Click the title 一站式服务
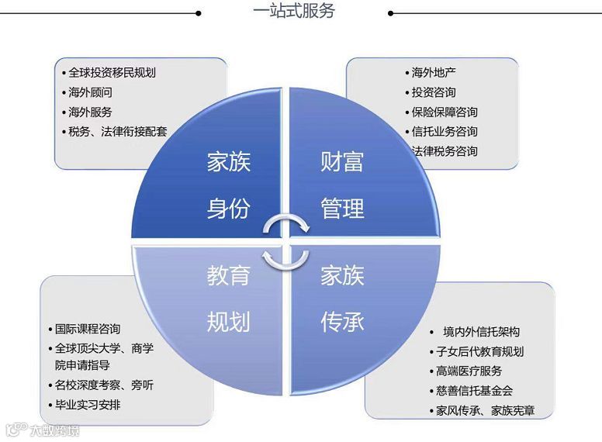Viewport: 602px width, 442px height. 295,12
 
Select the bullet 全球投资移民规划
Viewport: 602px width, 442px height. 112,73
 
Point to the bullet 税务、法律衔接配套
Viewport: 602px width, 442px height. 117,131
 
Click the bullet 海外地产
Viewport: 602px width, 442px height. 434,73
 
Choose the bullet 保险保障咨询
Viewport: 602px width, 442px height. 445,112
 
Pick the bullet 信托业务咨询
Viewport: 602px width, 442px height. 445,132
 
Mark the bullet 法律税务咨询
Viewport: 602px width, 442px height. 445,151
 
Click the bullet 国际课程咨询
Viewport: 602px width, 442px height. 88,329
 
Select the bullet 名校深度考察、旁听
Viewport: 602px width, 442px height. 104,385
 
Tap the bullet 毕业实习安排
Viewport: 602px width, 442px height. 88,405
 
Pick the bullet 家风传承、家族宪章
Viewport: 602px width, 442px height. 485,411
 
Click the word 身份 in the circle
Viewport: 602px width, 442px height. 229,209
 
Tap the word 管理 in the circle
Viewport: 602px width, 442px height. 342,209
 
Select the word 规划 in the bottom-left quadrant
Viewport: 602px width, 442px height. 229,321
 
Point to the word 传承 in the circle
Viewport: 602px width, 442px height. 342,321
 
